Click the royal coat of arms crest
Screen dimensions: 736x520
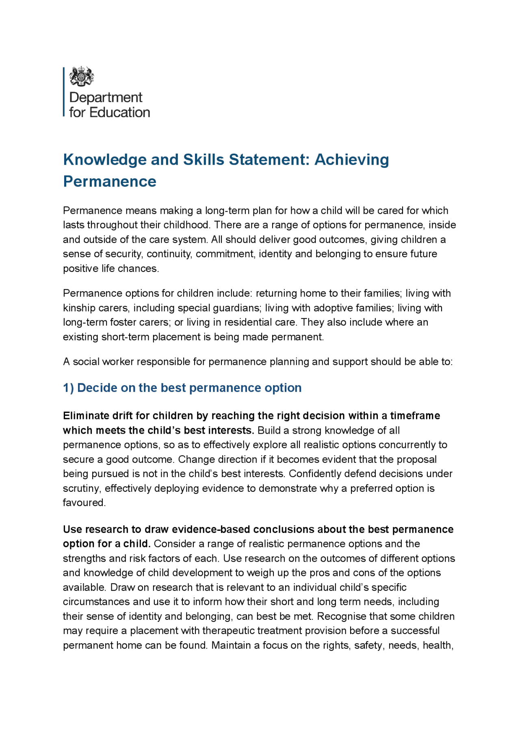(x=82, y=76)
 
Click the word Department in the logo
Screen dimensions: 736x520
(x=106, y=98)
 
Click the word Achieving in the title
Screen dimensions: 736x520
(x=351, y=159)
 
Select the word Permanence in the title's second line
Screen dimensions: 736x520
(x=110, y=181)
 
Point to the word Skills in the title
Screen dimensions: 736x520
(x=203, y=159)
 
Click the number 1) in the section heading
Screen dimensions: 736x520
(x=68, y=388)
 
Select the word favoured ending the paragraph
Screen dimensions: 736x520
(x=84, y=503)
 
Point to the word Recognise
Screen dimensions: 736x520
(x=341, y=617)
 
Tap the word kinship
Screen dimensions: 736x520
(x=79, y=308)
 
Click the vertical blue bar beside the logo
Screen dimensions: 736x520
(x=64, y=91)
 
